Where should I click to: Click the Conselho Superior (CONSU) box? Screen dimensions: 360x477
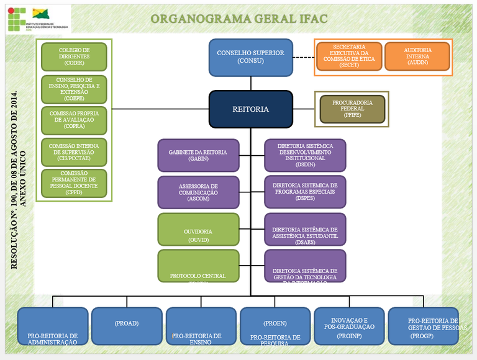pos(250,56)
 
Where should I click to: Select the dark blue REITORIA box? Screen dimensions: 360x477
pos(250,109)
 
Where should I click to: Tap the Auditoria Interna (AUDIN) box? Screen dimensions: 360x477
pos(417,56)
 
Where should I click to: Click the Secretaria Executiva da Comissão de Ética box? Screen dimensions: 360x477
pos(349,56)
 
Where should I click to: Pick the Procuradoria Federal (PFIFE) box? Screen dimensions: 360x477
pos(352,109)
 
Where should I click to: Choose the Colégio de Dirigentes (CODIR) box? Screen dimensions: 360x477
pos(74,56)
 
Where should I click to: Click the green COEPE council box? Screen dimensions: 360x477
pos(74,89)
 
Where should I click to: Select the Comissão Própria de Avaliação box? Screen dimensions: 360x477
pos(74,120)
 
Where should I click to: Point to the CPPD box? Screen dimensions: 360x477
pos(74,183)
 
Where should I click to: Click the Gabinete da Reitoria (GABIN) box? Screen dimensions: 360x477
pos(198,155)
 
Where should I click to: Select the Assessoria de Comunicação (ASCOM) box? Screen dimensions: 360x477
pos(198,192)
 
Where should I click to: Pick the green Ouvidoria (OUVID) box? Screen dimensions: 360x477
pos(198,230)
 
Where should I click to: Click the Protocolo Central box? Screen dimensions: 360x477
pos(198,266)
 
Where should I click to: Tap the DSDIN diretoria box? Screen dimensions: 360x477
pos(305,155)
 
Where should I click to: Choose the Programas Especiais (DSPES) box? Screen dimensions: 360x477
pos(305,192)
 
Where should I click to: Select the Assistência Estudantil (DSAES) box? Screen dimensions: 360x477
pos(305,230)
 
